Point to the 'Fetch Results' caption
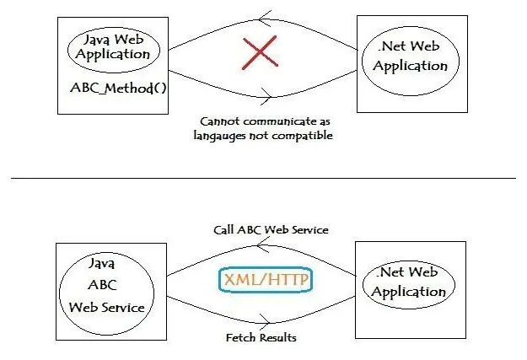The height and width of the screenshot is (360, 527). point(261,337)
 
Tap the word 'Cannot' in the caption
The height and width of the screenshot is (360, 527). point(217,121)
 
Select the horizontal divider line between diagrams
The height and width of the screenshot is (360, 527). point(263,178)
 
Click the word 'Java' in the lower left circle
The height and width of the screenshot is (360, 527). point(102,263)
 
